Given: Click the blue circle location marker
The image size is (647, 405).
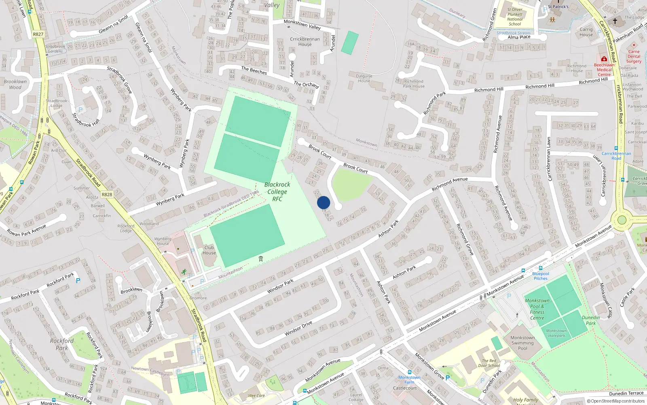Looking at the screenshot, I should click(323, 202).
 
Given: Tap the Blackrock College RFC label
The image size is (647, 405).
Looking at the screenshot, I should click(277, 192).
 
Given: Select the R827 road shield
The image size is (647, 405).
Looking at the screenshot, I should click(38, 34).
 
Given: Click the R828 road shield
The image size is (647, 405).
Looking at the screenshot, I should click(107, 194).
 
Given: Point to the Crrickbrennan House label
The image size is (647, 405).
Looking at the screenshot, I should click(305, 42).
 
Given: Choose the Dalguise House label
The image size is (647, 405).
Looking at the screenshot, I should click(364, 78).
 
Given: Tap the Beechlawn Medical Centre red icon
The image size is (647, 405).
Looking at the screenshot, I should click(604, 59).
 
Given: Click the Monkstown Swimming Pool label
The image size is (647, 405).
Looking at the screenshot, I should click(522, 343).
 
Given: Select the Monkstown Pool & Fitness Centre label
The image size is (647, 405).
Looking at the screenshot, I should click(537, 309).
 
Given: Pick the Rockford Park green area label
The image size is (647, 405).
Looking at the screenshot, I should click(62, 344).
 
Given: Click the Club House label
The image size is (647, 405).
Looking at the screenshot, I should click(209, 250).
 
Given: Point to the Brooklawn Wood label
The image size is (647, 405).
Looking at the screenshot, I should click(15, 84).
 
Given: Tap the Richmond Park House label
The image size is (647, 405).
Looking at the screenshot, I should click(414, 83).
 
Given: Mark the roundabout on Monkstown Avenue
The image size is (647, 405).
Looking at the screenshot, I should click(622, 220).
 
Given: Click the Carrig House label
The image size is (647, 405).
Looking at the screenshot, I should click(586, 32).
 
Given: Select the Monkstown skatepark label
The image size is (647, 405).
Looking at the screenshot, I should click(556, 333).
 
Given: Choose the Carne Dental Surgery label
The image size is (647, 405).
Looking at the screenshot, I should click(634, 56).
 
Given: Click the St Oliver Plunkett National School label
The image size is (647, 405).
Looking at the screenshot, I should click(515, 17).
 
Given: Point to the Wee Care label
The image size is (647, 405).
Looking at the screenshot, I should click(256, 396).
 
